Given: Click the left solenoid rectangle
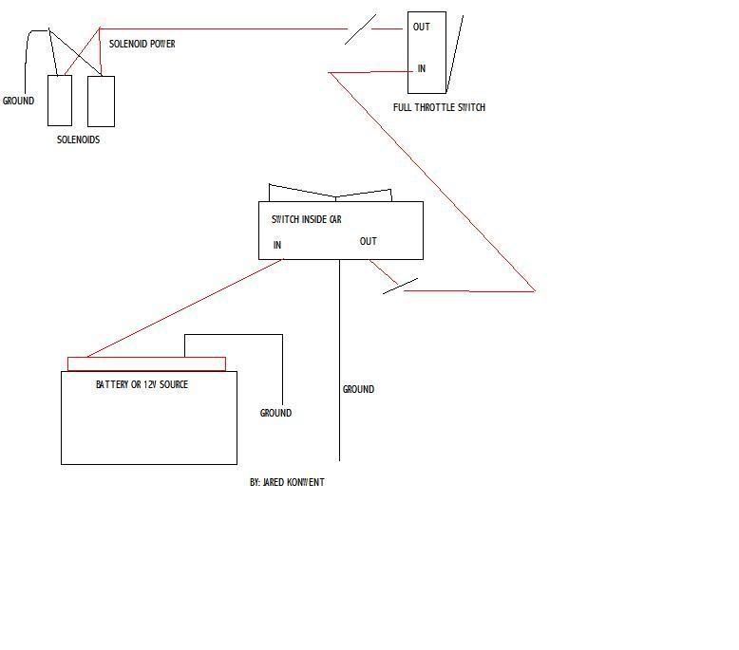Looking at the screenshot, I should [x=60, y=101].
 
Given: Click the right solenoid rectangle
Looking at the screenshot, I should [x=101, y=101].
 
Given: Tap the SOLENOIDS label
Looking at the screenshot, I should [x=78, y=139].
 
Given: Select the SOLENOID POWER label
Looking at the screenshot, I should [x=142, y=44].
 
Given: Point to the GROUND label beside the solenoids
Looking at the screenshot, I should [x=18, y=101].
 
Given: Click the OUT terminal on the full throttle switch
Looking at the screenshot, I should [x=421, y=27].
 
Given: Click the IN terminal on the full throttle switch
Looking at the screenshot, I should [x=421, y=68].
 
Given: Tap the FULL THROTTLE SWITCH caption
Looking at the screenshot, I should [x=439, y=107].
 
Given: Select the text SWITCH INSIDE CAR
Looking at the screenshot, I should [x=306, y=219].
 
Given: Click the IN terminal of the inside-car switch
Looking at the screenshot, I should [x=277, y=245].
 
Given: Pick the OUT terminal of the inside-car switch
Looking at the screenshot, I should [x=369, y=241].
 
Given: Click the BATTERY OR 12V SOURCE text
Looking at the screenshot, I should [x=142, y=384].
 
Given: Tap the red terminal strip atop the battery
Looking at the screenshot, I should [x=146, y=363].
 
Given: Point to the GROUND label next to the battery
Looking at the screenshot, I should [x=275, y=413].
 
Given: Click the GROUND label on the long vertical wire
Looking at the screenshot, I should [x=358, y=389].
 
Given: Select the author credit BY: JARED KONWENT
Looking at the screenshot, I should [x=287, y=482].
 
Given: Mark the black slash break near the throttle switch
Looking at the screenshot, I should [x=359, y=28].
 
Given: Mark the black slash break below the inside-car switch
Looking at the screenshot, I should [x=400, y=286].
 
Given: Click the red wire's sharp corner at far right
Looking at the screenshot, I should [x=534, y=290].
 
